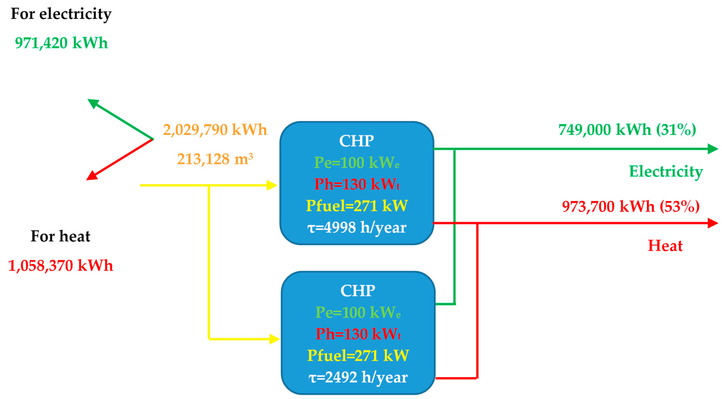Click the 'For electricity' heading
tap(61, 14)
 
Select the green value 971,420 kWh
tap(61, 43)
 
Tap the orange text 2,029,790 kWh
tap(215, 130)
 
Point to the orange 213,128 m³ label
tap(215, 159)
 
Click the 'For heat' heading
tap(60, 236)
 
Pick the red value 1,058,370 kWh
tap(60, 265)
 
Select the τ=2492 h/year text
tap(358, 377)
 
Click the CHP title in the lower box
tap(358, 291)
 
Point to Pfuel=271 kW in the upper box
tap(357, 205)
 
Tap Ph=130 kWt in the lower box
tap(358, 334)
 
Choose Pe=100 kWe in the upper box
tap(357, 162)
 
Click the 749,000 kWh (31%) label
tap(627, 130)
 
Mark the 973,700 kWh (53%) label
tap(631, 206)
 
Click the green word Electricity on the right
tap(666, 171)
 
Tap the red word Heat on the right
tap(665, 246)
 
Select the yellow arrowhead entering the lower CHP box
tap(274, 339)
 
